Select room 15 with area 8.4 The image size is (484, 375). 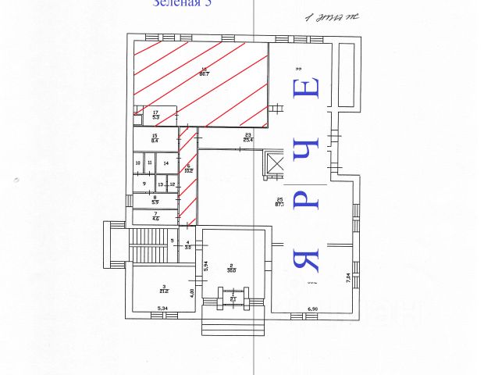(x=155, y=140)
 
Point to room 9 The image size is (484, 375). (x=144, y=184)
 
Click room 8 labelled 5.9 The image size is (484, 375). (x=155, y=200)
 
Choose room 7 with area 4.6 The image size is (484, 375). (x=155, y=216)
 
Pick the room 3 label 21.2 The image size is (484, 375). (x=164, y=290)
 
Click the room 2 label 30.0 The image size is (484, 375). (x=231, y=268)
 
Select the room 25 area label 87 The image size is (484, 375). (x=279, y=204)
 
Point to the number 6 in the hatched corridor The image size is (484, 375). (x=188, y=166)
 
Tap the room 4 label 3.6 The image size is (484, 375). (x=187, y=245)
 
